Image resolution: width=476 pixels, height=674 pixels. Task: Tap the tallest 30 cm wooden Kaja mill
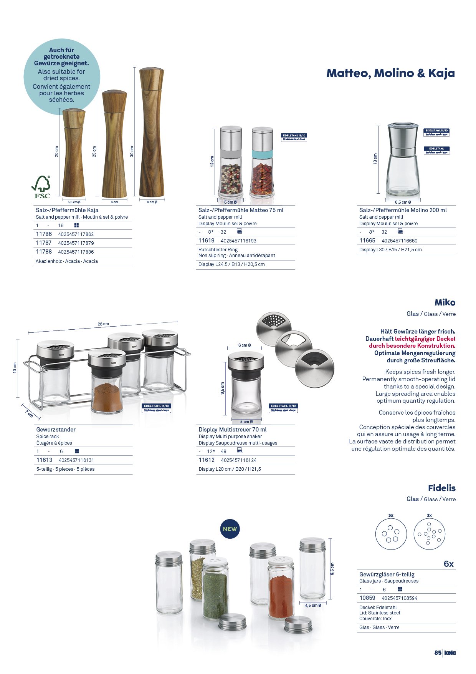point(152,133)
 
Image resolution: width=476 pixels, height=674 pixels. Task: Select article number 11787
point(44,243)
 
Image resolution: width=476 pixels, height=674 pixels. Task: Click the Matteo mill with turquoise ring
point(262,163)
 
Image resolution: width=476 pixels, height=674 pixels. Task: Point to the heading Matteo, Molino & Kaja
point(390,73)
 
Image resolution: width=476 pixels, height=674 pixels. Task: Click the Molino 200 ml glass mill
point(402,161)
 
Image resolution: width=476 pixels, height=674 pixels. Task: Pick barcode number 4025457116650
point(399,241)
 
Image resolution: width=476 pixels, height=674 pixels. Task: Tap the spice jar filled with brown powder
point(107,384)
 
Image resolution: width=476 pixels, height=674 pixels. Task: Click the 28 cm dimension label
point(103,324)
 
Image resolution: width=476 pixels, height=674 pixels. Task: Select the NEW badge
point(230,529)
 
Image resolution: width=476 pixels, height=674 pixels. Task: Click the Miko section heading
point(445,302)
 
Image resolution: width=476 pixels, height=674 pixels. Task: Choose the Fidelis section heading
point(441,488)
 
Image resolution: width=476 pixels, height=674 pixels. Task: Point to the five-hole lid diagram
point(391,534)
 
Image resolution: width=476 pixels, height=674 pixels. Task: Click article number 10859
point(367,598)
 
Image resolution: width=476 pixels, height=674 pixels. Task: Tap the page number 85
point(438,652)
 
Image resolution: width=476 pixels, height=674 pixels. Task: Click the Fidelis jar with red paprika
point(281,588)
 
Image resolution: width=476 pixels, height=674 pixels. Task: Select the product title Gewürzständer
point(56,430)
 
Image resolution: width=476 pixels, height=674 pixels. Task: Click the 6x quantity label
point(448,564)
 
